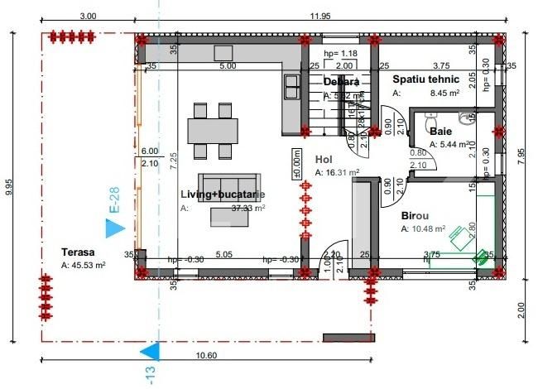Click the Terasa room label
[79, 252]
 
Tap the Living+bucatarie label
[223, 194]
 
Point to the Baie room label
[440, 131]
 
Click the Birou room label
[416, 214]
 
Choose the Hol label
[323, 160]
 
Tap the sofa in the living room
[229, 184]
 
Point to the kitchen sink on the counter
[292, 83]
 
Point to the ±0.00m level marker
[295, 164]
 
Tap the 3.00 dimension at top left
[86, 15]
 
